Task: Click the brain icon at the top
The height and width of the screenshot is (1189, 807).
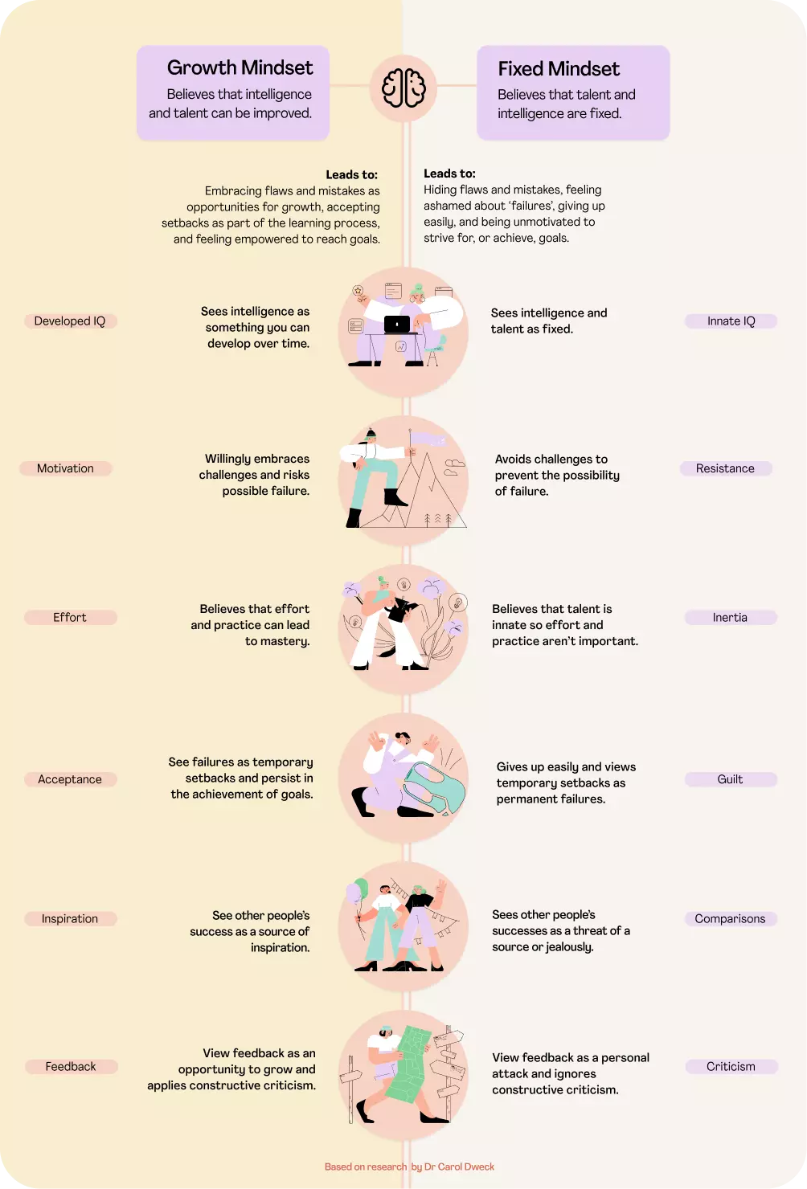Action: [403, 87]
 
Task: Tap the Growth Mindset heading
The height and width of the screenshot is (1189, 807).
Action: [240, 67]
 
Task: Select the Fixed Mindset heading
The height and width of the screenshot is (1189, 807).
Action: [559, 69]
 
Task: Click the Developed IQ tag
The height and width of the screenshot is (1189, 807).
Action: [70, 321]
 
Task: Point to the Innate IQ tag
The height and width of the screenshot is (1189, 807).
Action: [731, 321]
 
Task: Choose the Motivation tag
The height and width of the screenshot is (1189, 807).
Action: [65, 468]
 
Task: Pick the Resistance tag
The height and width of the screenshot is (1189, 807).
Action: [725, 468]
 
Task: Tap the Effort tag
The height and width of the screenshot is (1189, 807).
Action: [70, 617]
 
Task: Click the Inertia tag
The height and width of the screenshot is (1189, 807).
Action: [730, 617]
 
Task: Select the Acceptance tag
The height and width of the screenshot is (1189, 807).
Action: [70, 779]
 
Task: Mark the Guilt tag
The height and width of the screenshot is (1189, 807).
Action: [730, 779]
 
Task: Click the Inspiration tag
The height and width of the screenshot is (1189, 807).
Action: [70, 918]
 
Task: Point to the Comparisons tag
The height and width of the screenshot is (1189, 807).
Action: [730, 918]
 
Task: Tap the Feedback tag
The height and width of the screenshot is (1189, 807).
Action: [71, 1066]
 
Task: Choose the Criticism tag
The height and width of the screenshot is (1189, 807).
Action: [731, 1066]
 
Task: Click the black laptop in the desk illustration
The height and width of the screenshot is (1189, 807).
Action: [397, 325]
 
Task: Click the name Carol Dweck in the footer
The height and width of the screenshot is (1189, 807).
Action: [466, 1167]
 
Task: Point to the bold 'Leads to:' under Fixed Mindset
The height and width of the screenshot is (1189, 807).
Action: [449, 174]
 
